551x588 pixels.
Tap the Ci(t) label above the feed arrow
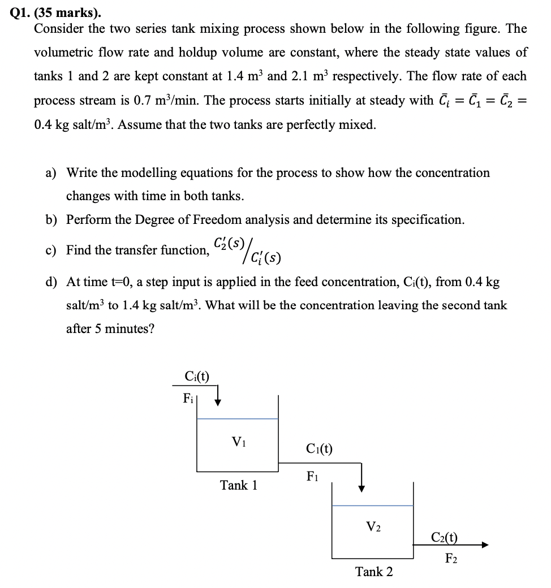click(x=197, y=376)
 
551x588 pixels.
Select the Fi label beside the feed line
click(x=189, y=397)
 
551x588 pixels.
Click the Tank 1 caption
click(x=238, y=485)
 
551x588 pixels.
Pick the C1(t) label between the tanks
click(x=319, y=449)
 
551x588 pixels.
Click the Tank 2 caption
click(x=373, y=572)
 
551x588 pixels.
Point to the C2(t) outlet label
click(x=445, y=537)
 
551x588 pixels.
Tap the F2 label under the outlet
click(x=451, y=560)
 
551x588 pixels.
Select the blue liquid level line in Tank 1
click(x=238, y=419)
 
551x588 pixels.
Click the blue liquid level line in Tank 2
click(x=373, y=505)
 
